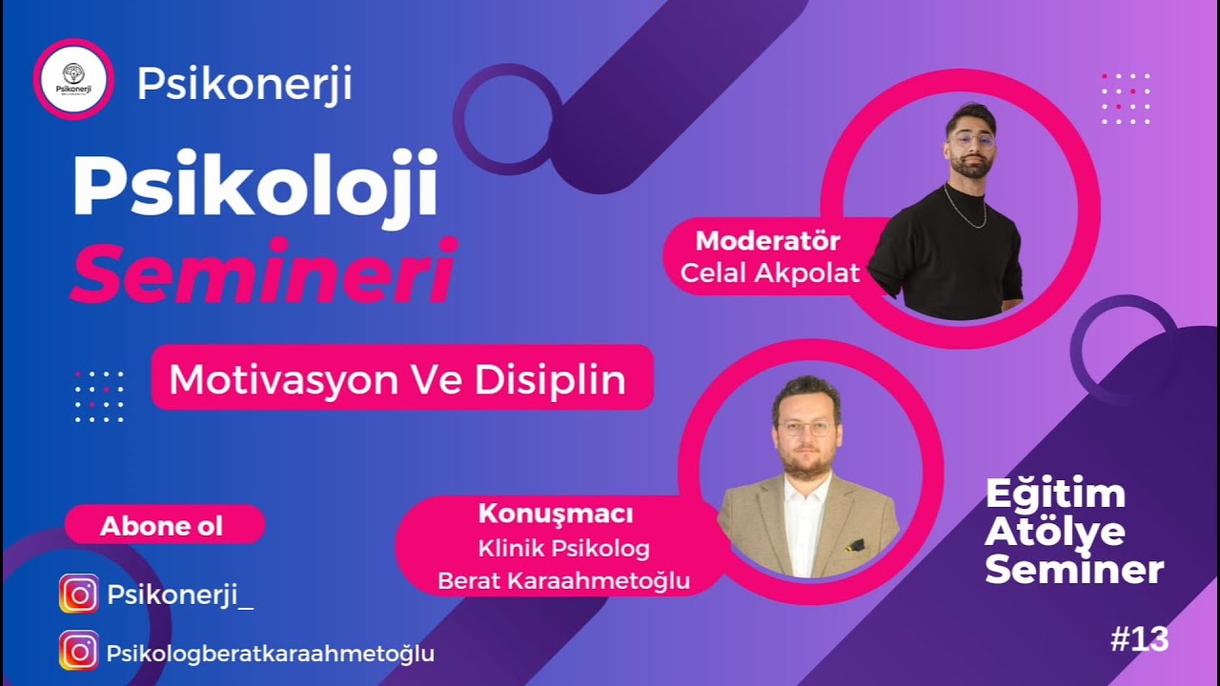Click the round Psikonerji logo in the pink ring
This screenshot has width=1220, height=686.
73,79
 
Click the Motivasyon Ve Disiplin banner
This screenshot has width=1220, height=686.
402,378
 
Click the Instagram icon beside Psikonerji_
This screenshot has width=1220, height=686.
79,594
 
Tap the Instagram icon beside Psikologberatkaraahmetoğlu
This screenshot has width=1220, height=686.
79,650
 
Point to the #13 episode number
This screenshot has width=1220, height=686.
1139,640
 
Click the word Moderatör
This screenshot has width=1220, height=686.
768,241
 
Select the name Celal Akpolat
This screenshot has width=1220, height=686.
769,272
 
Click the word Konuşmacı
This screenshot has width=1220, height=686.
556,514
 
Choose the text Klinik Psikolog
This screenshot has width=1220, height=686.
563,548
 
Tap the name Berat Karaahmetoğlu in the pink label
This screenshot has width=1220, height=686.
563,580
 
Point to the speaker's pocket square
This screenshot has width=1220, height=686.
854,544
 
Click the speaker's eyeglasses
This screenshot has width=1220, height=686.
805,429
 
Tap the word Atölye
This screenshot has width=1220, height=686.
1055,532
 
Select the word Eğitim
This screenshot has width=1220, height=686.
1055,494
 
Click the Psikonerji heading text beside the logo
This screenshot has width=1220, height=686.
245,84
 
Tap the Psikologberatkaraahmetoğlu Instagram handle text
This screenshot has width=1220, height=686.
271,654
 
